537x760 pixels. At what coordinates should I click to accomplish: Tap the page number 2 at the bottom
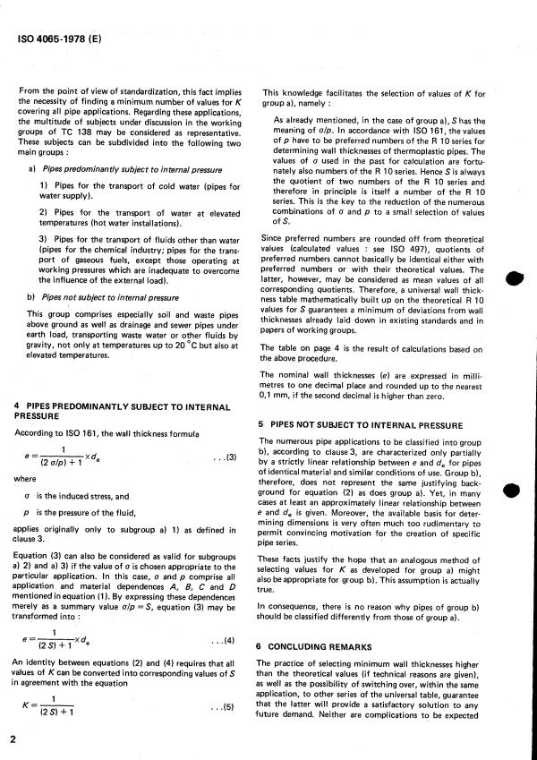click(x=13, y=740)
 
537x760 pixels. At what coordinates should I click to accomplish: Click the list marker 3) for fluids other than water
click(x=43, y=239)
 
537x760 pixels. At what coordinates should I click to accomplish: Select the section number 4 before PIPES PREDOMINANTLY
click(x=19, y=406)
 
